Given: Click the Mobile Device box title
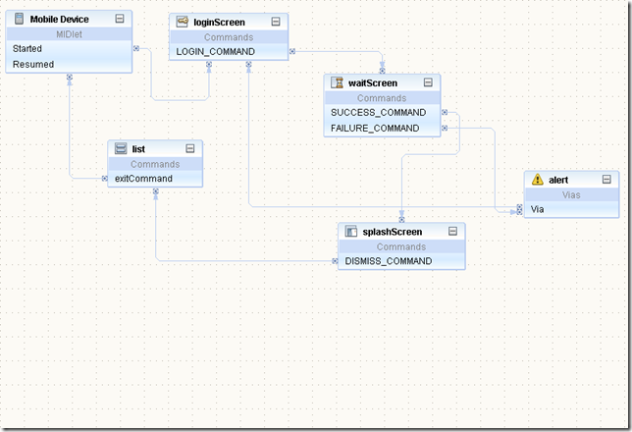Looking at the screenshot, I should (x=59, y=19).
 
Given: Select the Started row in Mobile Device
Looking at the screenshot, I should (x=27, y=48).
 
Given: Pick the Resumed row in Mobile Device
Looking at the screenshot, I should (x=33, y=64).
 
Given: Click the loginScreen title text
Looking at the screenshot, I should (x=219, y=21).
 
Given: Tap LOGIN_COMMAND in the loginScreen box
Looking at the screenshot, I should (x=215, y=51).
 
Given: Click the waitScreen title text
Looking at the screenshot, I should (x=373, y=82).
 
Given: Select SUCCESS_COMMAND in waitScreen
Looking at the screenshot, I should (x=379, y=112).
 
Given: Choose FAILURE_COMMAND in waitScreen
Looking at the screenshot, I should (x=375, y=128).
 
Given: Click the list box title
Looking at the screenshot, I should (x=138, y=148).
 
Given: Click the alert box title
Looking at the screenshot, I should (x=558, y=180).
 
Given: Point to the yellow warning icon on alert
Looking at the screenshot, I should (x=537, y=180).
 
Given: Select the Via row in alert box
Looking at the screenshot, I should (x=537, y=209).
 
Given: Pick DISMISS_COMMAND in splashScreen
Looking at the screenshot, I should (x=389, y=261).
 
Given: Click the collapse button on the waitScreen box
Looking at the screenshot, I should (x=428, y=82).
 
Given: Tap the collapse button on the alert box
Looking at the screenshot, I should (x=606, y=180).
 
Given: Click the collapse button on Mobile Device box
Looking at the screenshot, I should (x=119, y=19).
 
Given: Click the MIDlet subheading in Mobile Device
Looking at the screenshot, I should (x=69, y=33).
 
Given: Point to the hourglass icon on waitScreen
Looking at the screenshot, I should (x=338, y=82).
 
